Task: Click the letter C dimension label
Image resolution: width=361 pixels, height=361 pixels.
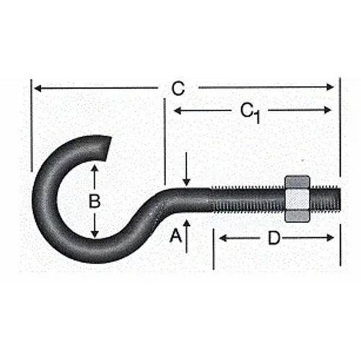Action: (178, 89)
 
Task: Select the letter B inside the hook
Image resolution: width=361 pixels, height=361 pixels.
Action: (94, 201)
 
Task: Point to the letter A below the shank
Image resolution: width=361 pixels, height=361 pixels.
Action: (174, 235)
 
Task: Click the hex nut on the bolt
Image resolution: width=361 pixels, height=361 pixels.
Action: (297, 199)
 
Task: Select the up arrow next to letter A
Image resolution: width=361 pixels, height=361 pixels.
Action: (186, 225)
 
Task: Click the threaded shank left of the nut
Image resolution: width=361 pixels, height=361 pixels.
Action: (245, 199)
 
